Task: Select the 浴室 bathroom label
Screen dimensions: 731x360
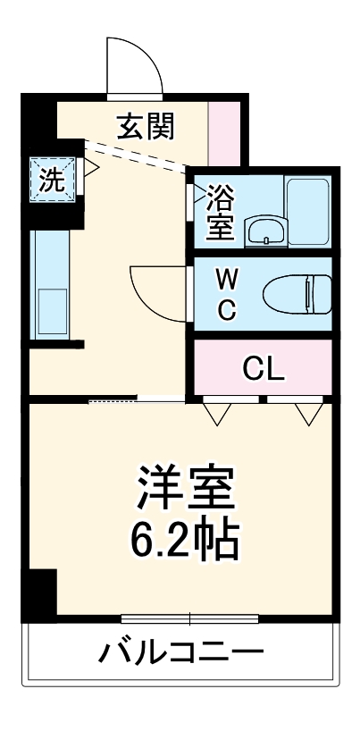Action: pos(220,211)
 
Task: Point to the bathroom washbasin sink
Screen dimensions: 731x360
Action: pos(265,231)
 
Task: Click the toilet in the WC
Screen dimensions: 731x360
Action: pos(298,292)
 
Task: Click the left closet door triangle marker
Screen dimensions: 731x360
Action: pos(215,412)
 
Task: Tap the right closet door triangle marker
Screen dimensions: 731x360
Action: pos(308,412)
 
